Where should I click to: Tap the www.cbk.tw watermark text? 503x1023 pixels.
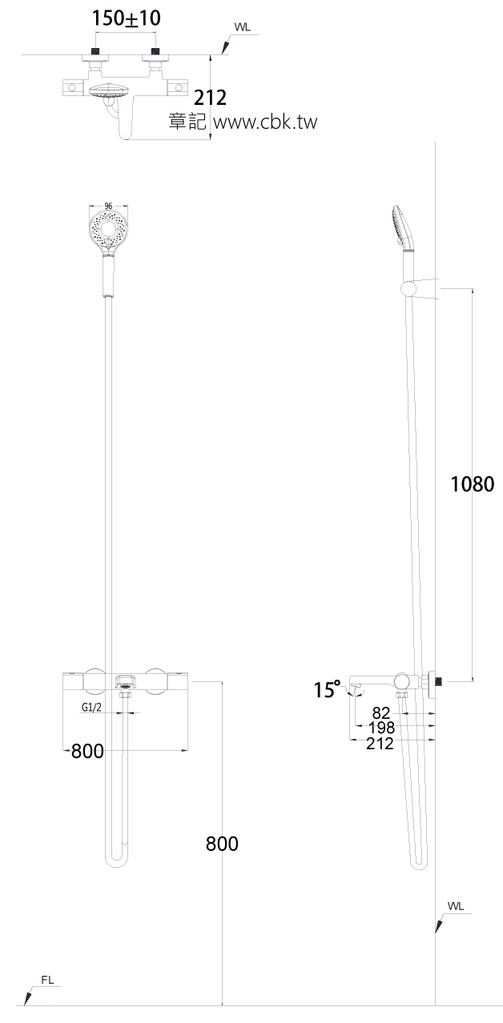[268, 122]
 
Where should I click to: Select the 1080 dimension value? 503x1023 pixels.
[473, 484]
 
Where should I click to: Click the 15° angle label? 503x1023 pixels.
[327, 690]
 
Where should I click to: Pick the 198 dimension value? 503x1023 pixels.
[381, 728]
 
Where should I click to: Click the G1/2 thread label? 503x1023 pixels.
[94, 708]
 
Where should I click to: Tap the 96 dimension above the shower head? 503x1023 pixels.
[108, 206]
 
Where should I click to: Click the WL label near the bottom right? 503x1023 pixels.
[456, 906]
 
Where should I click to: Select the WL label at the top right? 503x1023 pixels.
[242, 26]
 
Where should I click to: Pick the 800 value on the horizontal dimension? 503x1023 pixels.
[87, 751]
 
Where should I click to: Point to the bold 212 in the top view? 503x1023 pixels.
[211, 98]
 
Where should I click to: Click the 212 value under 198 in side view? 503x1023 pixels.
[380, 744]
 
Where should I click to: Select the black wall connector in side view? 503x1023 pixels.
[437, 681]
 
